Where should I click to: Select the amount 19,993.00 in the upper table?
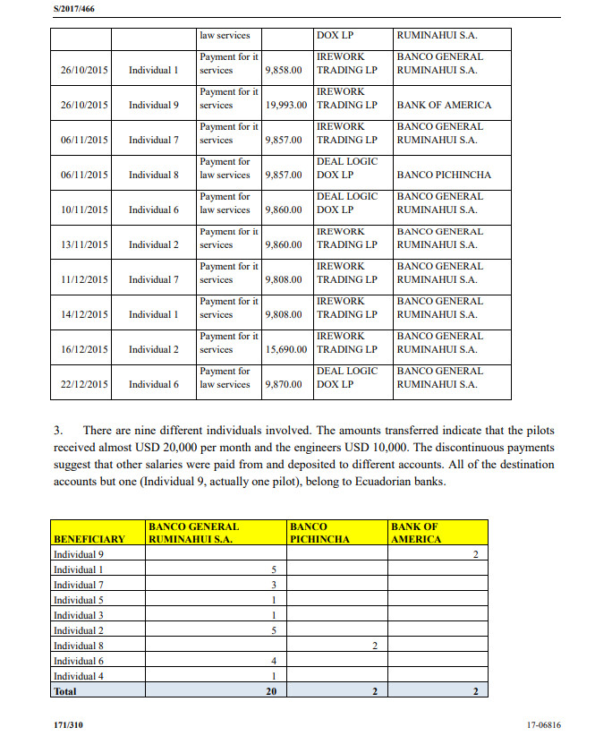coord(285,105)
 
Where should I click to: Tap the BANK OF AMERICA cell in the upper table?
coord(444,105)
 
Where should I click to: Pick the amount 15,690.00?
coord(285,349)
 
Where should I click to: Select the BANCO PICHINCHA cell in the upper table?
coord(444,175)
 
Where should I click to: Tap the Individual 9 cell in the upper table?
coord(153,105)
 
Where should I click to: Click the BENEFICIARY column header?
coord(89,540)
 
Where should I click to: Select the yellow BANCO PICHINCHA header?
coord(319,534)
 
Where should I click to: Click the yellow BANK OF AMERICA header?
coord(416,534)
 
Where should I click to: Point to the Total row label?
coord(65,691)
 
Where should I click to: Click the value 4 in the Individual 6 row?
coord(273,661)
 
